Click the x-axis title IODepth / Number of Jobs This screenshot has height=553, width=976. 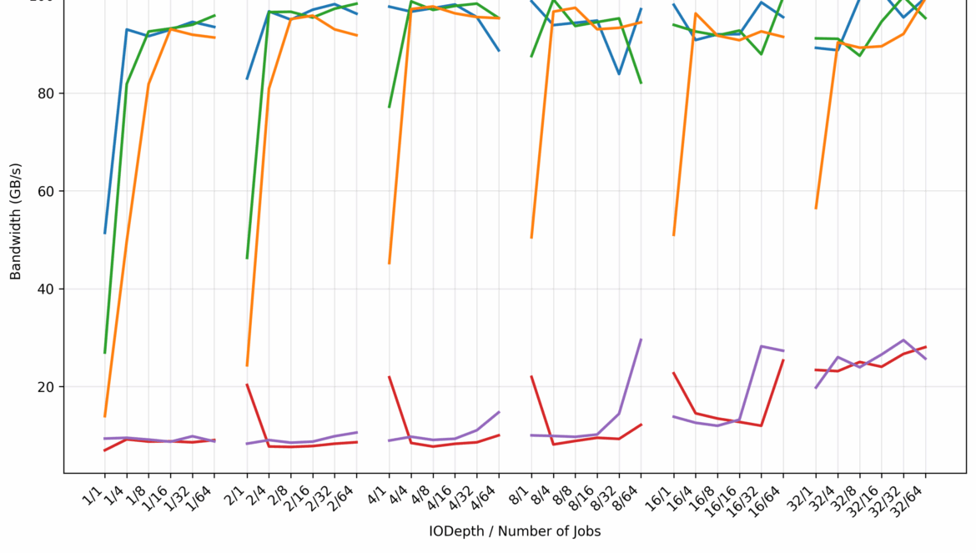point(515,531)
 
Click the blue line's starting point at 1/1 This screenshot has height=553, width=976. point(105,233)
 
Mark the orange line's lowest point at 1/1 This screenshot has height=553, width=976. point(105,416)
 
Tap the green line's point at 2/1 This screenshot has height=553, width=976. point(247,258)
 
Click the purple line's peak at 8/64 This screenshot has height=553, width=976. point(641,339)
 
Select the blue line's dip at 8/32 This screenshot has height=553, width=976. point(619,74)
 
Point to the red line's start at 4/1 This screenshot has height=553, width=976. point(390,377)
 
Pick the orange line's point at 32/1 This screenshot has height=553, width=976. point(816,209)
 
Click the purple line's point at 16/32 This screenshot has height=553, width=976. point(761,346)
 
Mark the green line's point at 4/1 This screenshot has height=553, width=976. point(390,107)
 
